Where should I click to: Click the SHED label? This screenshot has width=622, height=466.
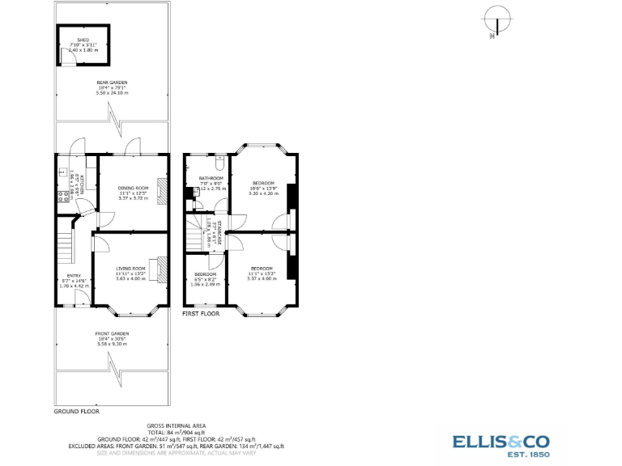pyautogui.click(x=83, y=39)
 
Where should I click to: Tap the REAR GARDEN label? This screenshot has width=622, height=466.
pyautogui.click(x=112, y=83)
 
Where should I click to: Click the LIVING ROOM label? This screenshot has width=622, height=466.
pyautogui.click(x=130, y=269)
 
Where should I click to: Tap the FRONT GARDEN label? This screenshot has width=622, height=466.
pyautogui.click(x=112, y=334)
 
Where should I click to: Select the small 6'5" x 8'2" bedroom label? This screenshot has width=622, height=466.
pyautogui.click(x=205, y=274)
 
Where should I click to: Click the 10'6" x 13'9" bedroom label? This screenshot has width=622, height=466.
pyautogui.click(x=262, y=183)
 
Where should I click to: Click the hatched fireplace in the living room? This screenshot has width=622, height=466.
pyautogui.click(x=163, y=270)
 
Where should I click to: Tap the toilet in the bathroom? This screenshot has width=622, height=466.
pyautogui.click(x=219, y=159)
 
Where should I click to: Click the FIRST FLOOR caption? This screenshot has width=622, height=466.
pyautogui.click(x=201, y=313)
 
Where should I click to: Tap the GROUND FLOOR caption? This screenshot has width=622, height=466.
pyautogui.click(x=76, y=411)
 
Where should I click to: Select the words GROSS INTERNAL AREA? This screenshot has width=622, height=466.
pyautogui.click(x=175, y=426)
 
